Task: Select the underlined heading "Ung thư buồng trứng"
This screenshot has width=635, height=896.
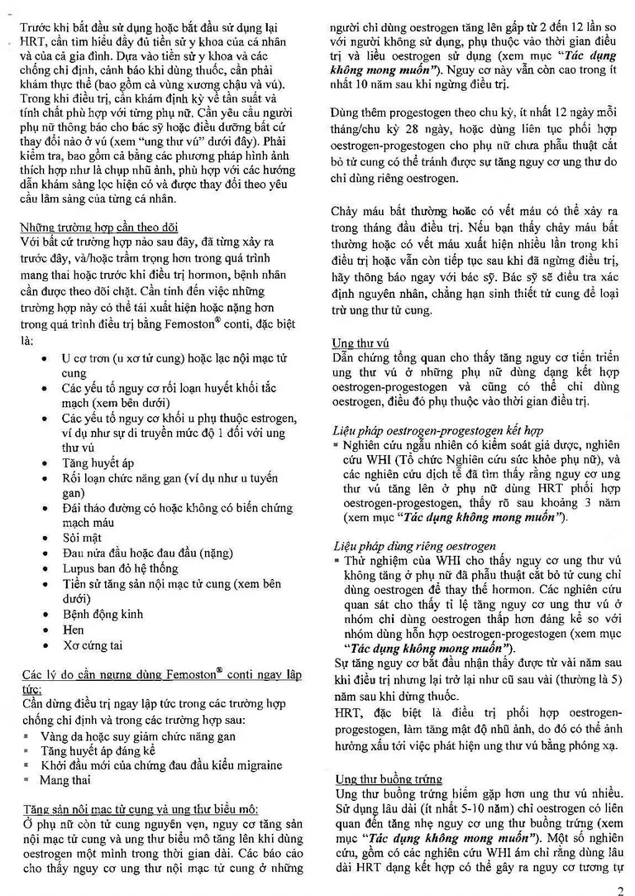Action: tap(389, 779)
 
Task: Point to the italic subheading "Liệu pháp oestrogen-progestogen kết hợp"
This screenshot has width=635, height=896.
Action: tap(437, 431)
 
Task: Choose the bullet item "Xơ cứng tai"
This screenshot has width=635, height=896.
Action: tap(93, 644)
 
